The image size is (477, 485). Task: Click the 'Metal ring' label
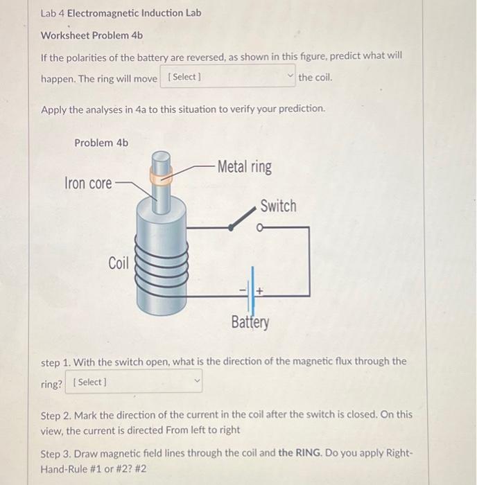pos(244,167)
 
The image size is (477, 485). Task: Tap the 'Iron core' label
pos(87,183)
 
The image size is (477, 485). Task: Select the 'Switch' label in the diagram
pos(278,206)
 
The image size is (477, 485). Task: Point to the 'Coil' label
pos(119,263)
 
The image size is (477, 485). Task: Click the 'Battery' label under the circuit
pos(250,322)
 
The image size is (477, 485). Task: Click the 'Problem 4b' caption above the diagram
pos(101,143)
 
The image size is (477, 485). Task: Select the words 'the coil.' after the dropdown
pos(315,77)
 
